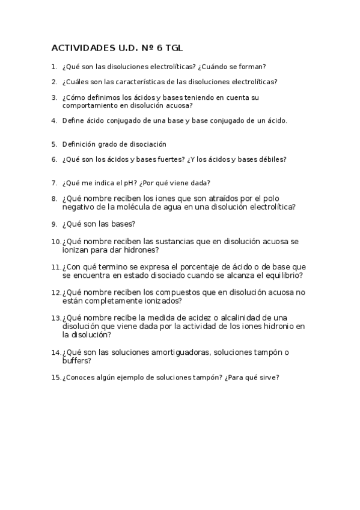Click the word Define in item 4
point(73,120)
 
